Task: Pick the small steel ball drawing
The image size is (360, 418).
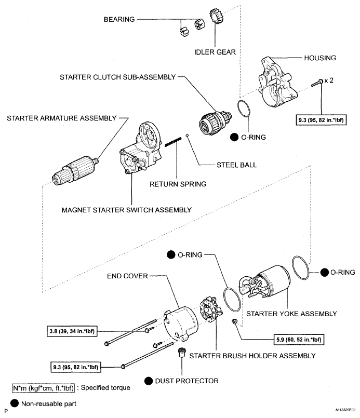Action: (x=192, y=137)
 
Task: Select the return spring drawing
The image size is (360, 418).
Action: (x=173, y=142)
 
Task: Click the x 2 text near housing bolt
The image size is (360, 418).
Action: (x=327, y=81)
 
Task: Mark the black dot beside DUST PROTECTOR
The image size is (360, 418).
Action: (x=149, y=381)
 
